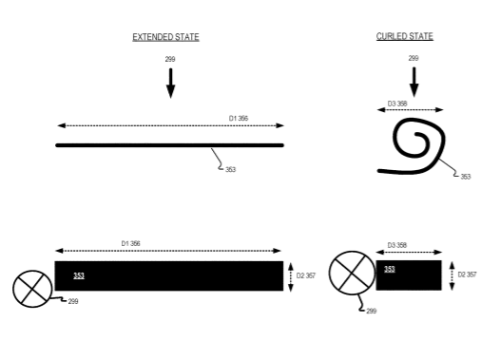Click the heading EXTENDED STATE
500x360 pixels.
coord(165,37)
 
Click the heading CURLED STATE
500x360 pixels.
coord(405,36)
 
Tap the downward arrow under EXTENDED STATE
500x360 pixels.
coord(170,84)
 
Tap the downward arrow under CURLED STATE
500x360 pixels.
coord(413,82)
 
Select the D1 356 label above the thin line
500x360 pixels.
coord(239,118)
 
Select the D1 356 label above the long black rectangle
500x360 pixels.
coord(130,243)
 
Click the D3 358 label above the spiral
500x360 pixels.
coord(397,104)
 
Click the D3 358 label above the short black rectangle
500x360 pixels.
coord(397,245)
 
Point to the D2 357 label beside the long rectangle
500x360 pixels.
coord(306,275)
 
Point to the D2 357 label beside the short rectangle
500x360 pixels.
coord(467,275)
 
